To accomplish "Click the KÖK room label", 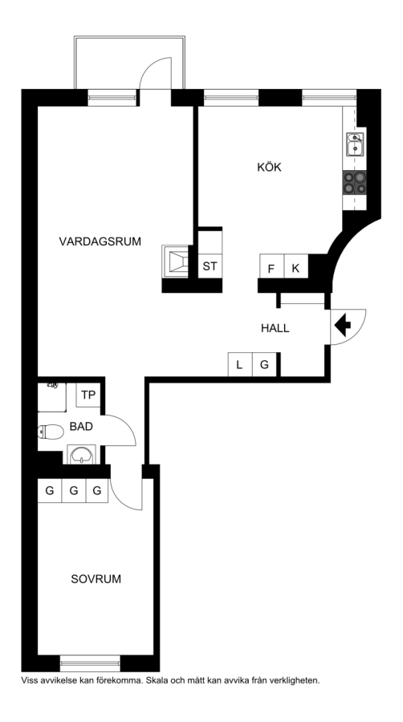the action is click(269, 167).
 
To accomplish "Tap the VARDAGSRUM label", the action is click(100, 241).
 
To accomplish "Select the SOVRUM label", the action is click(96, 578).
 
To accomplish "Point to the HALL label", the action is click(275, 328).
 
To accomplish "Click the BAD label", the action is click(81, 427).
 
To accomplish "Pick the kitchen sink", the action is click(355, 144).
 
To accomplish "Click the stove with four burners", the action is click(354, 182).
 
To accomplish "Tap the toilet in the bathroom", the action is click(51, 432).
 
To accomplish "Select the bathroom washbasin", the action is click(82, 455).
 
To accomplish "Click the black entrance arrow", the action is click(342, 326).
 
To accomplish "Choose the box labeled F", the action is click(271, 266).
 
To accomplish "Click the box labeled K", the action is click(296, 266).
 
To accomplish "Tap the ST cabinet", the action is click(210, 266).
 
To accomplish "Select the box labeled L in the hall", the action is click(240, 365).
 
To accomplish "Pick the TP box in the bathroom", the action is click(88, 395).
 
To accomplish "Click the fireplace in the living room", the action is click(176, 261).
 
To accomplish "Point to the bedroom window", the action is click(90, 663).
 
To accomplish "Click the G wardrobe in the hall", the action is click(264, 365).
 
